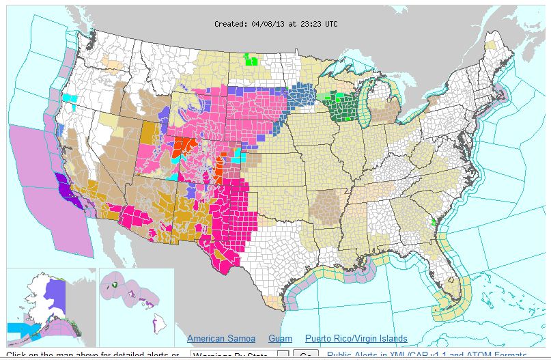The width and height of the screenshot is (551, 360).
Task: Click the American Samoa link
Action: click(x=221, y=339)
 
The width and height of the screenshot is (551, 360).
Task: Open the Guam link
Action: click(x=280, y=339)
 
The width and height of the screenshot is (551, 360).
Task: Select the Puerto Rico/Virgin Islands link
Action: click(x=356, y=339)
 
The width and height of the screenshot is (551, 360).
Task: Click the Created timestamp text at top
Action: click(x=275, y=24)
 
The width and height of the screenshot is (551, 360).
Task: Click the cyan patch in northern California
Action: click(x=70, y=98)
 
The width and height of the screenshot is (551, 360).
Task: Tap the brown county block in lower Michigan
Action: click(x=389, y=109)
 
